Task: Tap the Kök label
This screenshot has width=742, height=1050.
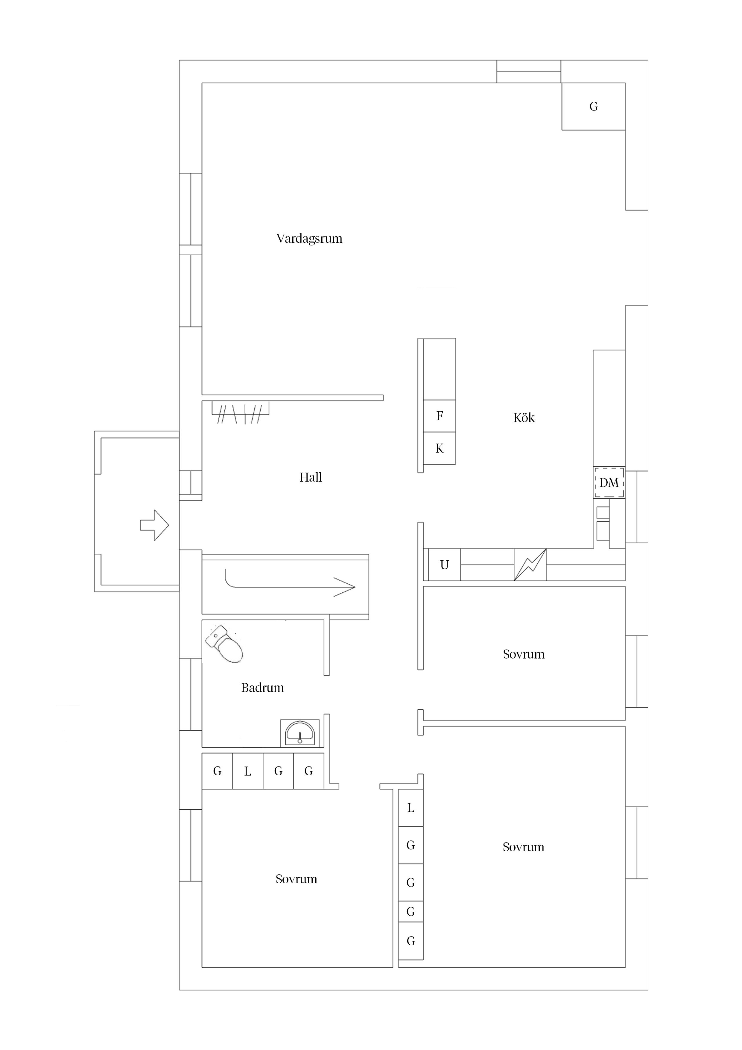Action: [524, 418]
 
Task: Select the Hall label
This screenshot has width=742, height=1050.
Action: [311, 477]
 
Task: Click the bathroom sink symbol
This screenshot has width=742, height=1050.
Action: [300, 733]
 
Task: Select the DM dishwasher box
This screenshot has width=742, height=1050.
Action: [609, 482]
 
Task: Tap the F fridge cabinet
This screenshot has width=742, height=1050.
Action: [439, 416]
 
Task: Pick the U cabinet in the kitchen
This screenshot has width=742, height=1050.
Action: [444, 565]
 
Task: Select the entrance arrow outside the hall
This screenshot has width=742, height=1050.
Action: [154, 525]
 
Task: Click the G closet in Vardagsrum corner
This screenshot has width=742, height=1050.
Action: [593, 107]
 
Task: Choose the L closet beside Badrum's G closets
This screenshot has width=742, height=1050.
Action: [248, 772]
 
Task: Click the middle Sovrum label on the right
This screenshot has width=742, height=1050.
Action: [524, 654]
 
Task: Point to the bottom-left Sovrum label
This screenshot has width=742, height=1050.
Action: [296, 879]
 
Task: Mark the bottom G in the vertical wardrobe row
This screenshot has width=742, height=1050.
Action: [410, 941]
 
